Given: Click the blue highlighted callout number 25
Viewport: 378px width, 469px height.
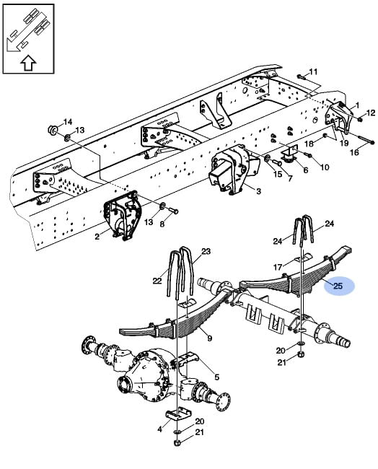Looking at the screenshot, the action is [338, 286].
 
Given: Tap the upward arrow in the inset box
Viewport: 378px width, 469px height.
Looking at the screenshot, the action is [28, 63].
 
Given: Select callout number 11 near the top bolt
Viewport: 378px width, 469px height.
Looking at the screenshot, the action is [313, 71].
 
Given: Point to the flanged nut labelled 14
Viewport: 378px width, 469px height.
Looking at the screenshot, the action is [53, 130].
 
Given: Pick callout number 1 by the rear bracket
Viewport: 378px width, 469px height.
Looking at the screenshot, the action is [357, 105].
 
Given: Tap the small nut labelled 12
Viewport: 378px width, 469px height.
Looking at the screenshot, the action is [360, 120].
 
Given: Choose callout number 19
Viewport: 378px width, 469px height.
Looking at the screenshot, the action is [344, 143].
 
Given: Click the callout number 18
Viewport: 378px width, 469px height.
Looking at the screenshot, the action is [309, 144].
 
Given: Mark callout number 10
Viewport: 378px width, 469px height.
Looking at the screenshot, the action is [325, 167].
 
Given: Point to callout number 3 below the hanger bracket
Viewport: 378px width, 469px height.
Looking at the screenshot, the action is [258, 190].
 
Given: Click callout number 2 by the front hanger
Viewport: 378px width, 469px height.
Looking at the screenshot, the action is [97, 237].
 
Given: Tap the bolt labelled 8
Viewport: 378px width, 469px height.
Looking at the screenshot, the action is [173, 211].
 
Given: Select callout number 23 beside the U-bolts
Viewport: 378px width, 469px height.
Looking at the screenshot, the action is [206, 251].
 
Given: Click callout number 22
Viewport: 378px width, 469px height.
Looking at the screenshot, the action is [157, 281].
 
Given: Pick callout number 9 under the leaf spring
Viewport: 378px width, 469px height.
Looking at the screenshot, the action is [210, 338].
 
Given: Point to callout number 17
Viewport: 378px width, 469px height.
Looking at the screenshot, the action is [278, 266].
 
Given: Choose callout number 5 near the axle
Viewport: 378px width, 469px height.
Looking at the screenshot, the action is [217, 377].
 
